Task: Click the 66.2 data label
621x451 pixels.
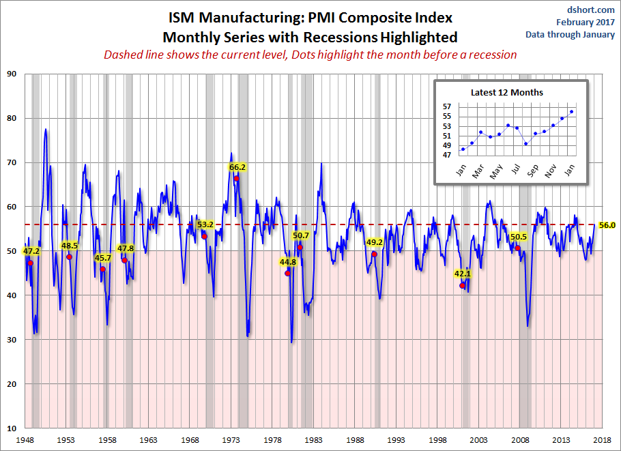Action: coord(237,166)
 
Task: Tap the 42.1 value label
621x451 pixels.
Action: coord(463,274)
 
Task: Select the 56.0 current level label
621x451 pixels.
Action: coord(607,224)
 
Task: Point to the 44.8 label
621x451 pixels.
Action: coord(288,262)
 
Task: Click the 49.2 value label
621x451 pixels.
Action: coord(375,242)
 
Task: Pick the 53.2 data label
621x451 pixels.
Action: coord(205,224)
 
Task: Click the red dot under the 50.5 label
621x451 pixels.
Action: coord(518,248)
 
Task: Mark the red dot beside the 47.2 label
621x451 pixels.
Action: coord(30,263)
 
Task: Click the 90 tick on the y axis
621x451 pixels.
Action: coord(12,74)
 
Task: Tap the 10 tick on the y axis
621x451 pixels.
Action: coord(12,428)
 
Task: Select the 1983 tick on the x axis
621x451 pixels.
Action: coord(313,440)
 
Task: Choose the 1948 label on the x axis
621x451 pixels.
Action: coord(25,440)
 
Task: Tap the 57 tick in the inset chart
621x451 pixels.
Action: coord(447,106)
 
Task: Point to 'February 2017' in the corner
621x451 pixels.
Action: coord(584,22)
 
